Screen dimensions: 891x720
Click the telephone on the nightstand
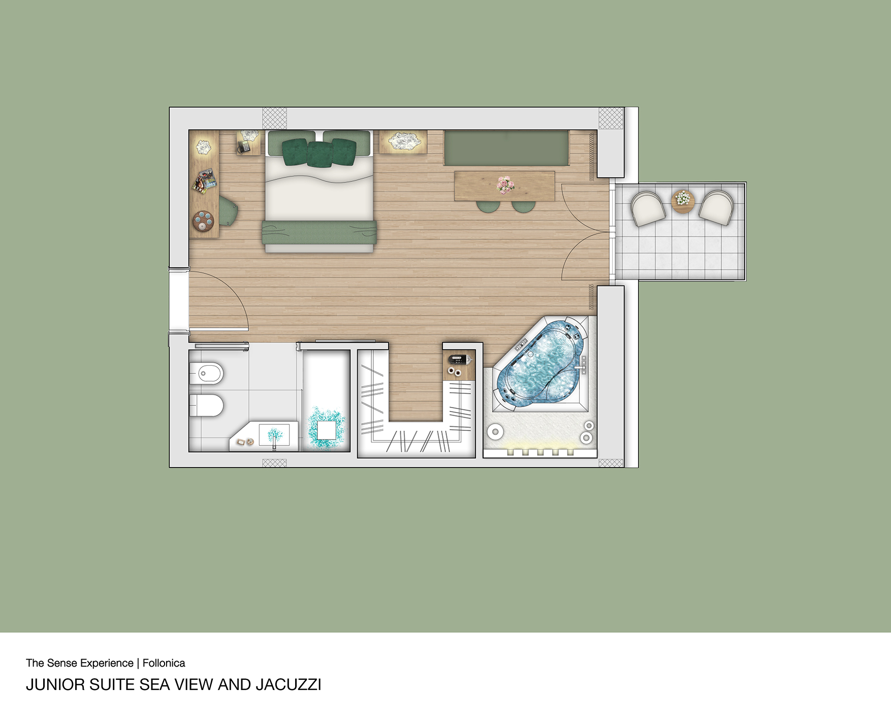click(x=245, y=146)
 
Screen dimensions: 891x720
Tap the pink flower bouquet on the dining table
click(x=505, y=185)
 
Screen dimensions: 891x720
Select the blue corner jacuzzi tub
click(x=539, y=362)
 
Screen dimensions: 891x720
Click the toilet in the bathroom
click(x=206, y=405)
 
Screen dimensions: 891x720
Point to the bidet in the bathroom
click(x=206, y=374)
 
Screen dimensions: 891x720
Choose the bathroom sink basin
click(x=274, y=435)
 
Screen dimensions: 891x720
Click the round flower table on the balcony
click(x=683, y=201)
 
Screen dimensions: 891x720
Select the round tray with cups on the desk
click(x=203, y=221)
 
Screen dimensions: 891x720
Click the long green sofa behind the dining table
click(x=506, y=148)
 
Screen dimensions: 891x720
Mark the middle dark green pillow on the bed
click(x=320, y=154)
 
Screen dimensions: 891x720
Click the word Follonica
click(x=164, y=663)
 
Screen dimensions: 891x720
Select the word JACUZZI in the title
click(x=289, y=685)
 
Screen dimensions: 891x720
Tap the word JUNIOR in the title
click(x=55, y=685)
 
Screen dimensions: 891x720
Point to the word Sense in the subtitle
click(x=62, y=663)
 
